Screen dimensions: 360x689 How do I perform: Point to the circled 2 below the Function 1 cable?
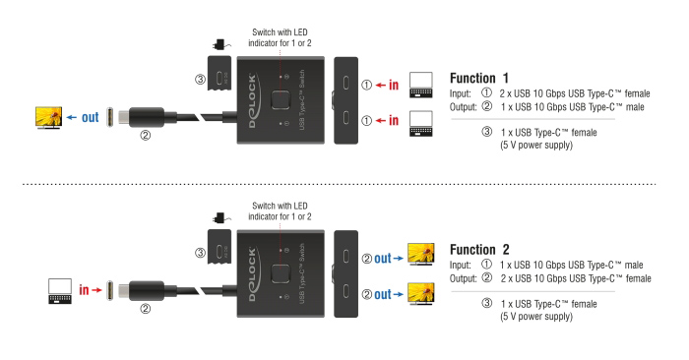(x=146, y=137)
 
